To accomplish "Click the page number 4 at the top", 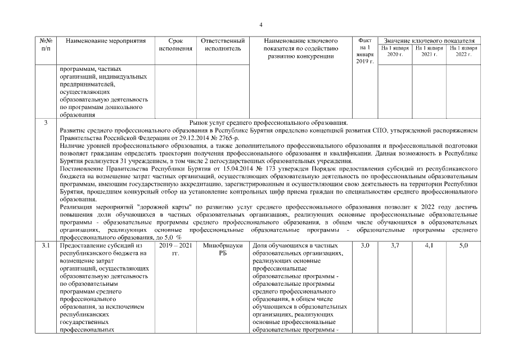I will coord(261,24).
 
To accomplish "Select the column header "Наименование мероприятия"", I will coord(102,41).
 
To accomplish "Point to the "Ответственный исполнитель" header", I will coord(223,45).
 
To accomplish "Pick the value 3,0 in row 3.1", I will coord(364,246).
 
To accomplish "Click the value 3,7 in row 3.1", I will coord(395,246).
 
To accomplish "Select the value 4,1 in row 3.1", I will coord(430,246).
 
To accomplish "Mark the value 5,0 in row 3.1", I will coord(463,246).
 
